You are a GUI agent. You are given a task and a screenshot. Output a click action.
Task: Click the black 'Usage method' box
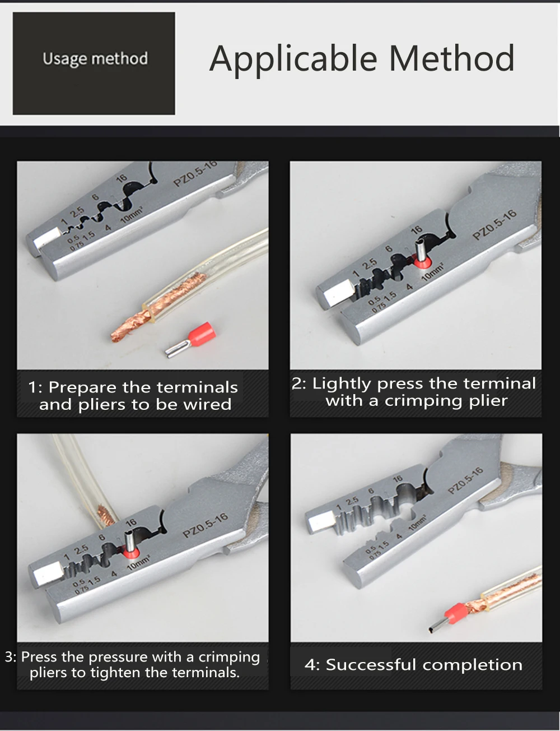[x=94, y=63]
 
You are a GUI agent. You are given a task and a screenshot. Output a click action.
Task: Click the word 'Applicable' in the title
[x=293, y=59]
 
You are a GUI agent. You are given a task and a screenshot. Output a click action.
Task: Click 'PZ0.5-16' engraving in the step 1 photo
[x=195, y=174]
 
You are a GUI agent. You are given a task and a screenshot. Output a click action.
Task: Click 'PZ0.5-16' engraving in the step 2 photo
[x=494, y=225]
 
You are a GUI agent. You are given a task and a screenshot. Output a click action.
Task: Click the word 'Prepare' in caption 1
[x=82, y=387]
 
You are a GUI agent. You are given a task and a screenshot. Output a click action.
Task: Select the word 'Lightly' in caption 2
[x=341, y=384]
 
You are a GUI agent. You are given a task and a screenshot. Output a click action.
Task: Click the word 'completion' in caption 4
[x=472, y=665]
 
